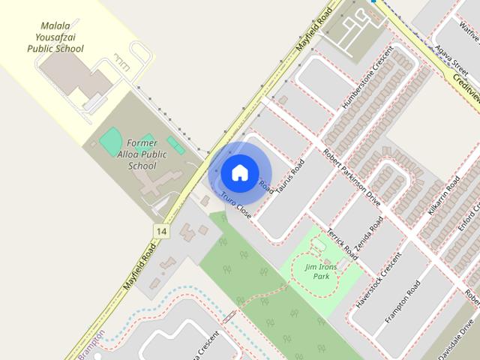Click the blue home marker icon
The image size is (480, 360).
click(239, 172)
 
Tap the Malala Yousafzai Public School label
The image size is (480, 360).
click(55, 37)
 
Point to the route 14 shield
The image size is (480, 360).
click(160, 230)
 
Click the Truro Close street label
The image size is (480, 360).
click(236, 205)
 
